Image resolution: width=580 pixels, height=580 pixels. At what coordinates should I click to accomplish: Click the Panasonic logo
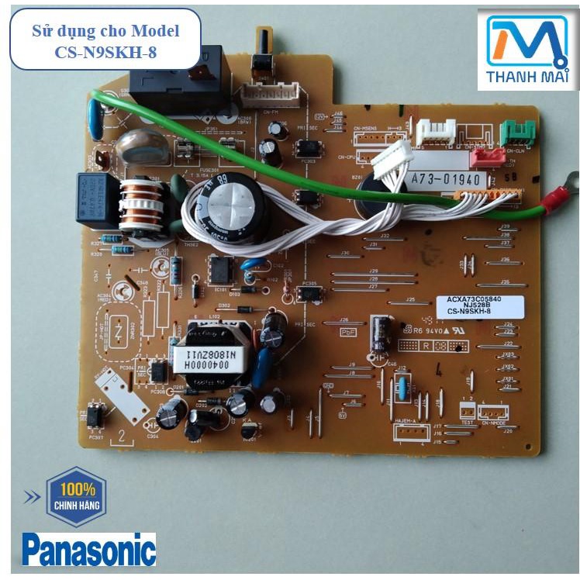(x=89, y=549)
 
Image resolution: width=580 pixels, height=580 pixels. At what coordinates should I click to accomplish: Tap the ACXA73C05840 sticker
(x=475, y=304)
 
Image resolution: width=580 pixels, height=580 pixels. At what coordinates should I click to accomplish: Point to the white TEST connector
(x=468, y=411)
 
